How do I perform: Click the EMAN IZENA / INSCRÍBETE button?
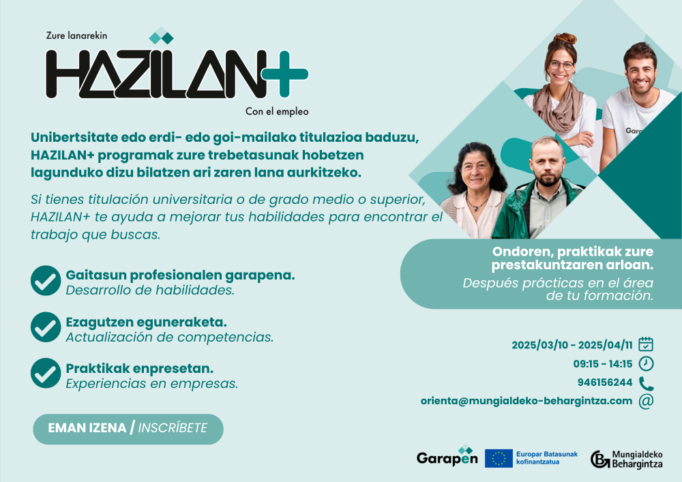pyautogui.click(x=128, y=429)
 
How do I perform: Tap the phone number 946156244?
pyautogui.click(x=605, y=382)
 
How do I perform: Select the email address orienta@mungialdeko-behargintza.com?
pyautogui.click(x=527, y=401)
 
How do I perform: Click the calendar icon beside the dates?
pyautogui.click(x=646, y=344)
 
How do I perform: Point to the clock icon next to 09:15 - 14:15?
pyautogui.click(x=646, y=363)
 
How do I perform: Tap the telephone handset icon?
pyautogui.click(x=646, y=382)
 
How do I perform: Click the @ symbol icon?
pyautogui.click(x=646, y=401)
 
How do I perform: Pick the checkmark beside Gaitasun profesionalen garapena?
pyautogui.click(x=46, y=281)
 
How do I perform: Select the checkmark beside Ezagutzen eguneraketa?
pyautogui.click(x=46, y=327)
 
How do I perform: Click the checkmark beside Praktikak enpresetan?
pyautogui.click(x=46, y=373)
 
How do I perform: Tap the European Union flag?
pyautogui.click(x=499, y=458)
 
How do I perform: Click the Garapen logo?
pyautogui.click(x=447, y=457)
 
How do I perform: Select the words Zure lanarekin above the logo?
pyautogui.click(x=76, y=35)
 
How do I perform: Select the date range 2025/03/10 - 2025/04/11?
pyautogui.click(x=572, y=345)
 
